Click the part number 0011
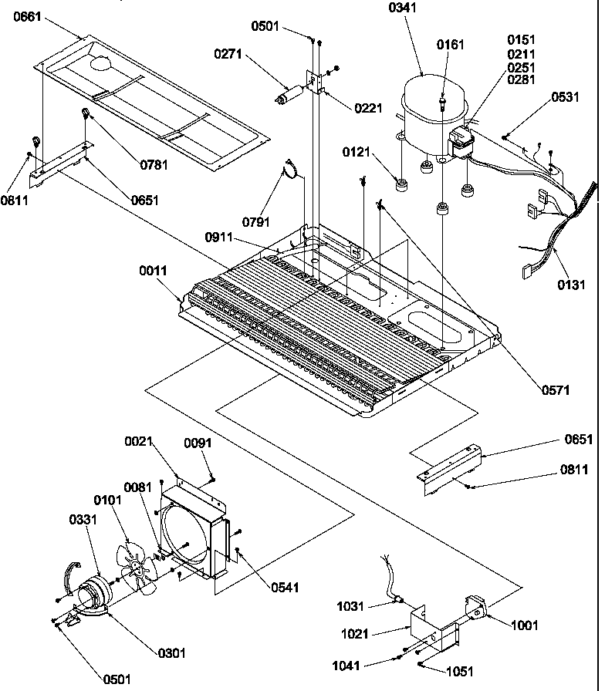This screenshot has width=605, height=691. coord(154,271)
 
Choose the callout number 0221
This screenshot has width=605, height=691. coord(368,109)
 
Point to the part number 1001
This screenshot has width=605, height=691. coord(524,625)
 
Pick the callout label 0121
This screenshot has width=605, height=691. coord(357,152)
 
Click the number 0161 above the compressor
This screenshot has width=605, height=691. coord(451,45)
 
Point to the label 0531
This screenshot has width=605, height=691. coord(566,98)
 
